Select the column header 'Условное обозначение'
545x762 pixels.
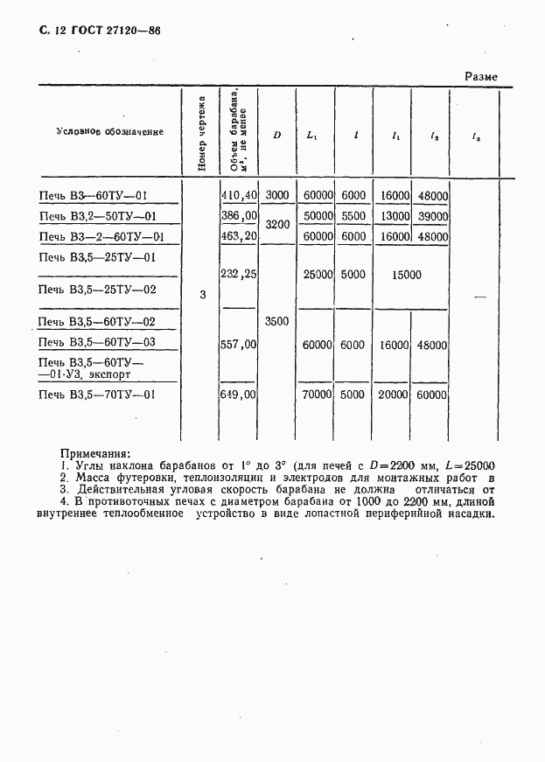point(109,132)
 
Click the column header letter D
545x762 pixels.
point(276,135)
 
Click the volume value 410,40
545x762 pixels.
point(239,196)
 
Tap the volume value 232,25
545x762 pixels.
point(239,274)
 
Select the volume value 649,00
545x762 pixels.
point(239,395)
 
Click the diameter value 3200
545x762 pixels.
point(276,225)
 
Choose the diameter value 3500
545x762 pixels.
point(276,322)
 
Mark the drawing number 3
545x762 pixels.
point(203,295)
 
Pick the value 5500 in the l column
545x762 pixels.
point(353,216)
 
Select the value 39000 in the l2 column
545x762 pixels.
point(432,216)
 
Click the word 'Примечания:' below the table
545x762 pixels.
point(94,453)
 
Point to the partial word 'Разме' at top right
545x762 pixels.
point(480,77)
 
